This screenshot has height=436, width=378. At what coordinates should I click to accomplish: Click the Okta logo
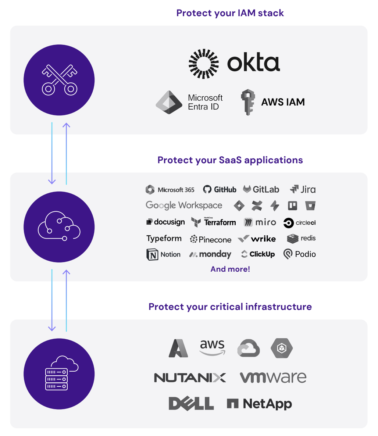pyautogui.click(x=234, y=63)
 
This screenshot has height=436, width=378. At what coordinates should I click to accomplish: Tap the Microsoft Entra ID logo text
pyautogui.click(x=205, y=102)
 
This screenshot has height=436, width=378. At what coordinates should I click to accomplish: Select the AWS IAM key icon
pyautogui.click(x=248, y=102)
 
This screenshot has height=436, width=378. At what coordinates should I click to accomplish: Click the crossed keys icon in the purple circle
pyautogui.click(x=59, y=80)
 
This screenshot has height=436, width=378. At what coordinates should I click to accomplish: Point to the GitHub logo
pyautogui.click(x=220, y=190)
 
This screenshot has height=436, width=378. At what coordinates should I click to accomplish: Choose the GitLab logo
pyautogui.click(x=261, y=190)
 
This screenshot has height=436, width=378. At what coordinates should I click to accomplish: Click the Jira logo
pyautogui.click(x=303, y=190)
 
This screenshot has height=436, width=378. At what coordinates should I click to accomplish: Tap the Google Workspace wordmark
pyautogui.click(x=184, y=206)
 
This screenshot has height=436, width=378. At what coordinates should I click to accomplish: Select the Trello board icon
pyautogui.click(x=292, y=206)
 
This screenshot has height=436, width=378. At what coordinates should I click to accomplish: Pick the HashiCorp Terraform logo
pyautogui.click(x=214, y=222)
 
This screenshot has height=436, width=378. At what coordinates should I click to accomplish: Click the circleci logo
pyautogui.click(x=300, y=223)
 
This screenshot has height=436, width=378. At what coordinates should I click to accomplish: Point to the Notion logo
pyautogui.click(x=164, y=254)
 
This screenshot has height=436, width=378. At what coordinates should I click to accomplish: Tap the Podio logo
pyautogui.click(x=300, y=254)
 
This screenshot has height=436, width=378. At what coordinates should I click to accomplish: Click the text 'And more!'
pyautogui.click(x=230, y=269)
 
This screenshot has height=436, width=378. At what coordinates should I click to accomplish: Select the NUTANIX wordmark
pyautogui.click(x=190, y=378)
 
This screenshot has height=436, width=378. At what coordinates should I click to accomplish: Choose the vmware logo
pyautogui.click(x=273, y=378)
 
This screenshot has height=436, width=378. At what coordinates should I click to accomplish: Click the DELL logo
pyautogui.click(x=191, y=404)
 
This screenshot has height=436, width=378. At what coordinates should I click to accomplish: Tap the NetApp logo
pyautogui.click(x=260, y=404)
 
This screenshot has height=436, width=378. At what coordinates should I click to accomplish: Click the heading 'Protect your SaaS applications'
pyautogui.click(x=230, y=160)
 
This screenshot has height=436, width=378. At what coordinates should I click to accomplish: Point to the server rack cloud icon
pyautogui.click(x=59, y=374)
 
